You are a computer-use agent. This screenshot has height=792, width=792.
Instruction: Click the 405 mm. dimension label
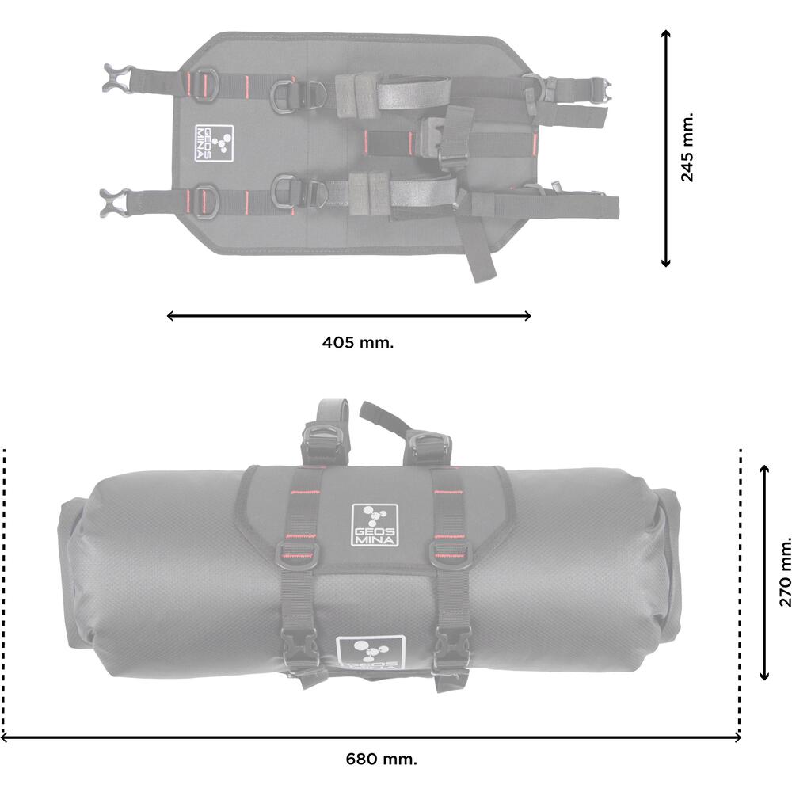pos(358,342)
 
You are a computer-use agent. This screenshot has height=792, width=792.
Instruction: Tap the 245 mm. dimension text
pos(687,147)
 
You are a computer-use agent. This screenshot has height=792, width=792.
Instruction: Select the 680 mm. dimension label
pos(382,759)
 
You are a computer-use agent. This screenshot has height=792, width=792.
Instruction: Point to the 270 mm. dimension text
pos(785,571)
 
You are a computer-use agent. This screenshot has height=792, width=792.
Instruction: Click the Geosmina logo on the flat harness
pos(214,143)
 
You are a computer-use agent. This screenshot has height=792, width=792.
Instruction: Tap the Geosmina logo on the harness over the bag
pos(375,525)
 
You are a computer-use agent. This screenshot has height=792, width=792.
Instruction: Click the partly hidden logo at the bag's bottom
pos(370,653)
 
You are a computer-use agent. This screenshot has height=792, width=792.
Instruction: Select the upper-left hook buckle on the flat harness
pos(118,78)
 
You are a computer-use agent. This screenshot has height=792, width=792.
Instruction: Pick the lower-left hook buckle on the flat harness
pos(116,203)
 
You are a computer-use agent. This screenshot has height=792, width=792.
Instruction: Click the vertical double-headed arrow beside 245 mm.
pos(666,148)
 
